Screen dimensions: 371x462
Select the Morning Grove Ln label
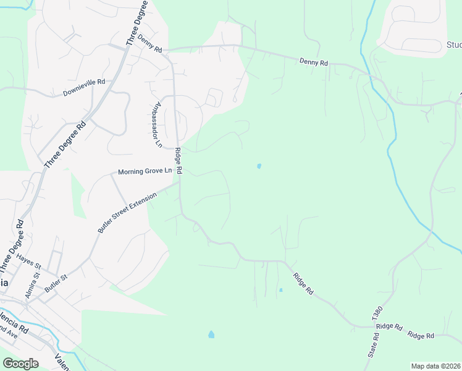(x=145, y=171)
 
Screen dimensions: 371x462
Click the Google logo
(x=20, y=364)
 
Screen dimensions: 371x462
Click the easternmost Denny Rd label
(x=314, y=62)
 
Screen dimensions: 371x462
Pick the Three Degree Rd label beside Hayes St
(x=13, y=253)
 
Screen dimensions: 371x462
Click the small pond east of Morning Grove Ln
(x=259, y=166)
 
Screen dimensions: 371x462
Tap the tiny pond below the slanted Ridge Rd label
(x=280, y=289)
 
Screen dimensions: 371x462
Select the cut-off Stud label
(x=453, y=45)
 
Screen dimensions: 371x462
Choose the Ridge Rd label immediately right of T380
(x=389, y=326)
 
